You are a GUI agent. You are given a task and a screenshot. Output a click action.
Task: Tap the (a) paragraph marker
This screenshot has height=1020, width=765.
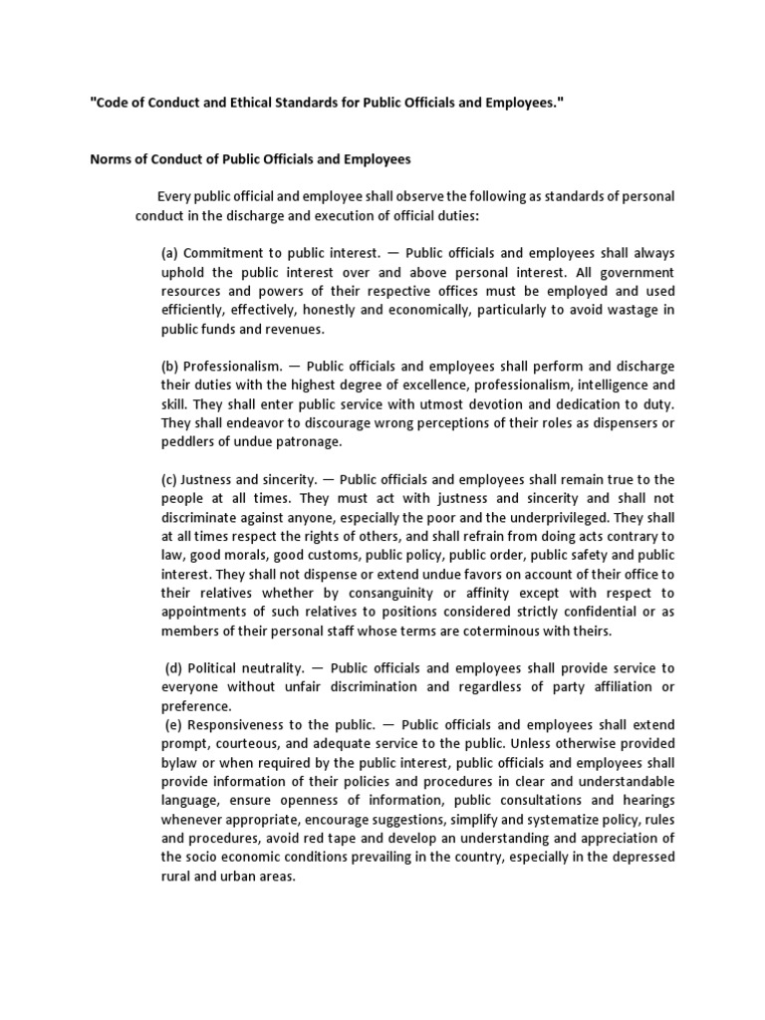click(170, 254)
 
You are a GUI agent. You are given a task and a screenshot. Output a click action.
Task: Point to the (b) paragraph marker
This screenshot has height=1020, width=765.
click(170, 366)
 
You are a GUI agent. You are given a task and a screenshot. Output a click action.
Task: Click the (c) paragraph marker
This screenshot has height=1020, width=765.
click(170, 479)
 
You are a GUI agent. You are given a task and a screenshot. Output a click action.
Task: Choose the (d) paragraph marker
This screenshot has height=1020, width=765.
click(172, 667)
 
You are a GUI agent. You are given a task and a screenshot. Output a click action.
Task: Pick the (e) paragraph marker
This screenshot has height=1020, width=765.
click(172, 724)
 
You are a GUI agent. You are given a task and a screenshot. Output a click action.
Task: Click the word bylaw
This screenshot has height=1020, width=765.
click(180, 762)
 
